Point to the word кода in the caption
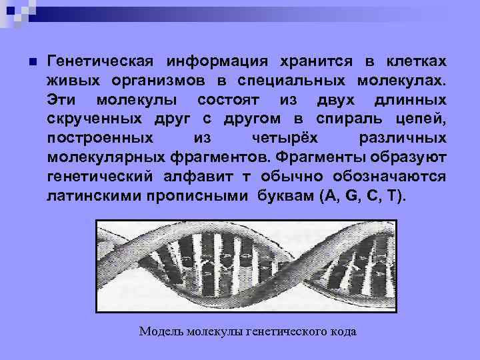[x=343, y=331]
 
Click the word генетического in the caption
[x=287, y=331]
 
